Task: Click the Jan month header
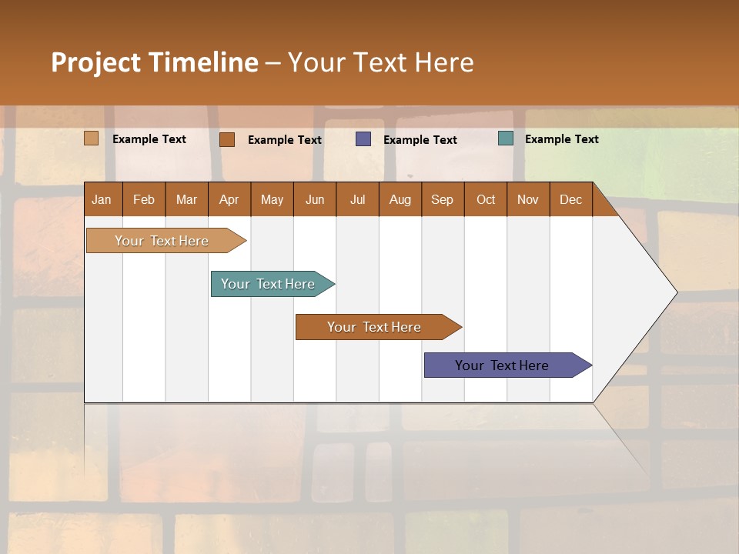click(x=102, y=200)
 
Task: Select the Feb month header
click(x=144, y=200)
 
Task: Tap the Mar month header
click(x=186, y=200)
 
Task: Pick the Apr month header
click(x=229, y=200)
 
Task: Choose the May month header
click(x=272, y=200)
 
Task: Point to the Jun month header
click(x=315, y=200)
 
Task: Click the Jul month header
click(x=357, y=200)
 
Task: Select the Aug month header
click(x=400, y=200)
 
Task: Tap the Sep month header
click(x=442, y=200)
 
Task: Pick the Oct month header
click(x=486, y=200)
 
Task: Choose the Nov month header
click(x=528, y=200)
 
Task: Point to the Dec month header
click(x=570, y=200)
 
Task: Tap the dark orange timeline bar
click(x=375, y=327)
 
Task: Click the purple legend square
click(x=363, y=138)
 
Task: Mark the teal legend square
click(x=506, y=138)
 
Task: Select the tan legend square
click(x=92, y=138)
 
